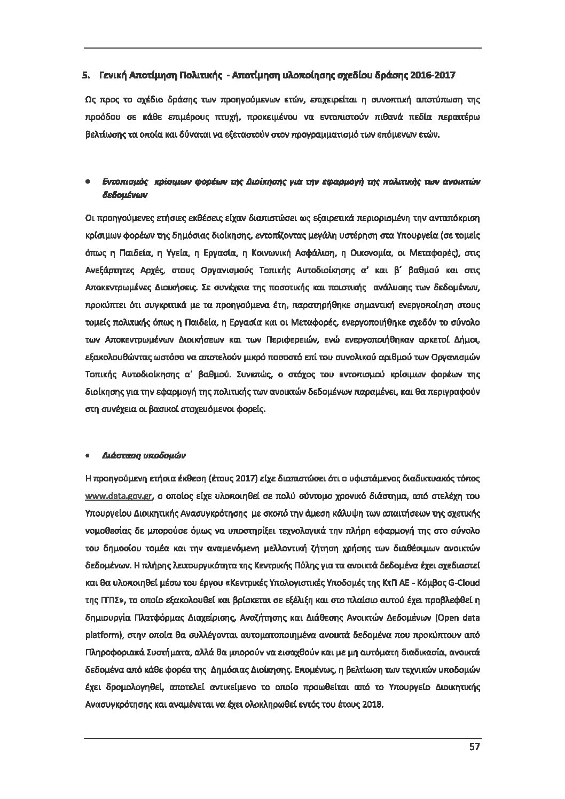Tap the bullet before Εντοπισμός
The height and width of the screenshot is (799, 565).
coord(87,182)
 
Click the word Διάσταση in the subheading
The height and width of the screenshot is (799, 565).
coord(118,457)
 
